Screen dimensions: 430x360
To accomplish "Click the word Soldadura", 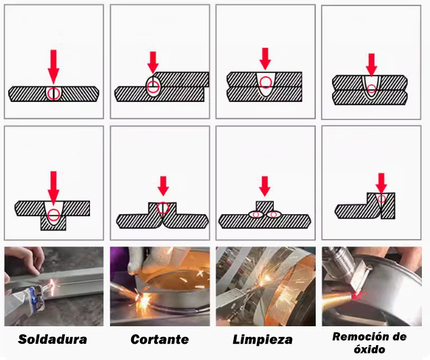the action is [x=52, y=339].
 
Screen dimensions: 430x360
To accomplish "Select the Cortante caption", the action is [x=160, y=340].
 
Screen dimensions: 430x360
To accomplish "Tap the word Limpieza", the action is [x=262, y=340].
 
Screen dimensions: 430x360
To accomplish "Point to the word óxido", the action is [x=369, y=349].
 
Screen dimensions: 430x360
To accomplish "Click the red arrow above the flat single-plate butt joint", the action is [x=53, y=67].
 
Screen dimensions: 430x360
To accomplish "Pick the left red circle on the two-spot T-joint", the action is [x=256, y=215].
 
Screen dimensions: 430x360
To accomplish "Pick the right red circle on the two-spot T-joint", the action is [x=273, y=215].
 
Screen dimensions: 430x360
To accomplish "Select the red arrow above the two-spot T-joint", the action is [x=264, y=186].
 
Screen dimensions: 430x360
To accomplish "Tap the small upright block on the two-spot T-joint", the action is [x=264, y=206].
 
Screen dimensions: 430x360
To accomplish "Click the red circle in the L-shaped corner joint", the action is [x=381, y=198].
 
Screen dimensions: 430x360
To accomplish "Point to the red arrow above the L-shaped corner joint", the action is [x=381, y=183].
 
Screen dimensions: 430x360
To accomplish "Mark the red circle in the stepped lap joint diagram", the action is [x=153, y=87].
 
